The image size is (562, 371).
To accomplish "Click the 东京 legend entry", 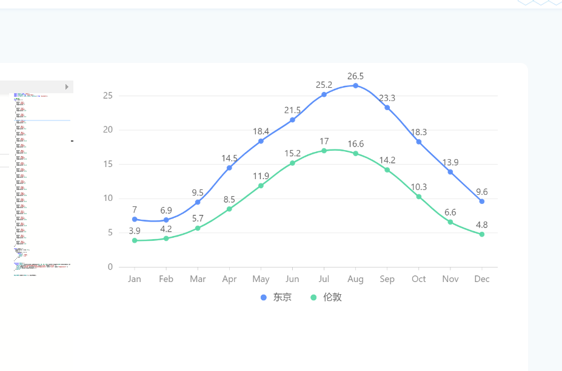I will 276,297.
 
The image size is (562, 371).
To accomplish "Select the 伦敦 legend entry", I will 326,297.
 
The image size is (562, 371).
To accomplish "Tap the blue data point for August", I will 355,85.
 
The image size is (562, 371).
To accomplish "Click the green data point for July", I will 324,151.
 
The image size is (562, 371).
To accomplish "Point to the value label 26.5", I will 355,76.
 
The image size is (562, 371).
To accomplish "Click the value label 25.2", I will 324,85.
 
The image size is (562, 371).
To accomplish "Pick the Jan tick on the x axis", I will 135,279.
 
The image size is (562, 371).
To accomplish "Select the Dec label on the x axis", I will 482,279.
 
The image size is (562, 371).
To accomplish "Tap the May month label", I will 261,279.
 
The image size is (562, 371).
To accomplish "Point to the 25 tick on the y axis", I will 108,96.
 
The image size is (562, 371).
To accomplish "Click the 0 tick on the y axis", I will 110,267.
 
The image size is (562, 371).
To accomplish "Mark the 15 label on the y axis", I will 108,164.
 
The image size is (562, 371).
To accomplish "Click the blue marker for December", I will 482,201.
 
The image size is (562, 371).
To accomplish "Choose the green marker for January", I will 135,240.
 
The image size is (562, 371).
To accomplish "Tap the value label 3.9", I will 135,231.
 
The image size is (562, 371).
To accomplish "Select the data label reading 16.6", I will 355,144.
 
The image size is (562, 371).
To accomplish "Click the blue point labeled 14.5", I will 229,168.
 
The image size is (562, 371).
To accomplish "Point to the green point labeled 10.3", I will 419,197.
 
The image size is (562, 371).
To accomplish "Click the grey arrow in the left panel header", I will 67,87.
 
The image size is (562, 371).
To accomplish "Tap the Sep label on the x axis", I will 387,279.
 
